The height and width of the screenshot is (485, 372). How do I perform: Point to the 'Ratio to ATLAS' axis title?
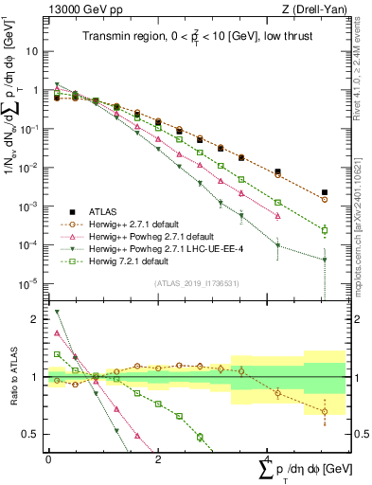[13, 379]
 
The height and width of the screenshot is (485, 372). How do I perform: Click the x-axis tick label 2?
[158, 458]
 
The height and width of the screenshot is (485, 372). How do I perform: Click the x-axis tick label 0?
[48, 458]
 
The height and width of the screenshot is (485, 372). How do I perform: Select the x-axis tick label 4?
[268, 458]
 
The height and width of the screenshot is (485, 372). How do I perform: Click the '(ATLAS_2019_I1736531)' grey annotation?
[195, 282]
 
